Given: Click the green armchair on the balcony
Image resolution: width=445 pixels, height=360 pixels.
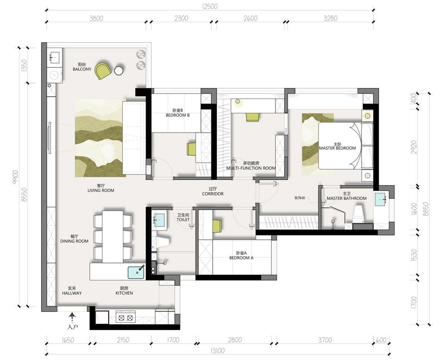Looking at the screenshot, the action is (103, 71).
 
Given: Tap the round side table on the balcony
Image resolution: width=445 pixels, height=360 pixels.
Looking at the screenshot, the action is (119, 71).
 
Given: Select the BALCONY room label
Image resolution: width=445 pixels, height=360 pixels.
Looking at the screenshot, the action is (82, 69).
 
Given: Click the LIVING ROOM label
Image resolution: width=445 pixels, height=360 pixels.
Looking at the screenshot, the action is (101, 191).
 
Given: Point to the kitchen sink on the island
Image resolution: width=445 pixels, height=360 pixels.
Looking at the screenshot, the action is (136, 272).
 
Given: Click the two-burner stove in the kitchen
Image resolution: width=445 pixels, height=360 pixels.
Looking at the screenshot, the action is (126, 318).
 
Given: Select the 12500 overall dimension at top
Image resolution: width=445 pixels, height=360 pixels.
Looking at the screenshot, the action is (210, 6).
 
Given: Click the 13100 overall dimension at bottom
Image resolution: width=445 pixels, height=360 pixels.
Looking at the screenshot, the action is (218, 351).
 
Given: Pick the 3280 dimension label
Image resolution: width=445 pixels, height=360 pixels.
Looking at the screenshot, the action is (330, 18).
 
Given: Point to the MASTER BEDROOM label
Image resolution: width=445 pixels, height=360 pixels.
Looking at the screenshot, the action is (337, 148).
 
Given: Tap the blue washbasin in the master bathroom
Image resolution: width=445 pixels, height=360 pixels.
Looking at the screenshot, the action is (380, 200).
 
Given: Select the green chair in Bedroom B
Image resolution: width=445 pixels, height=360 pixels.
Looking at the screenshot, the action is (192, 149).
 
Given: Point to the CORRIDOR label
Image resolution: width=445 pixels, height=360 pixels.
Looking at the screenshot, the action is (213, 194).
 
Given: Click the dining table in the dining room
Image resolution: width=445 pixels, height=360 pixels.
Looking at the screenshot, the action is (113, 237).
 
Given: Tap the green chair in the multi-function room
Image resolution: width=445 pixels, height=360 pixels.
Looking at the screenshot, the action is (253, 118).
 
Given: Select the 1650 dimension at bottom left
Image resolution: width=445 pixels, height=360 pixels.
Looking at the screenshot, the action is (68, 340).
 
